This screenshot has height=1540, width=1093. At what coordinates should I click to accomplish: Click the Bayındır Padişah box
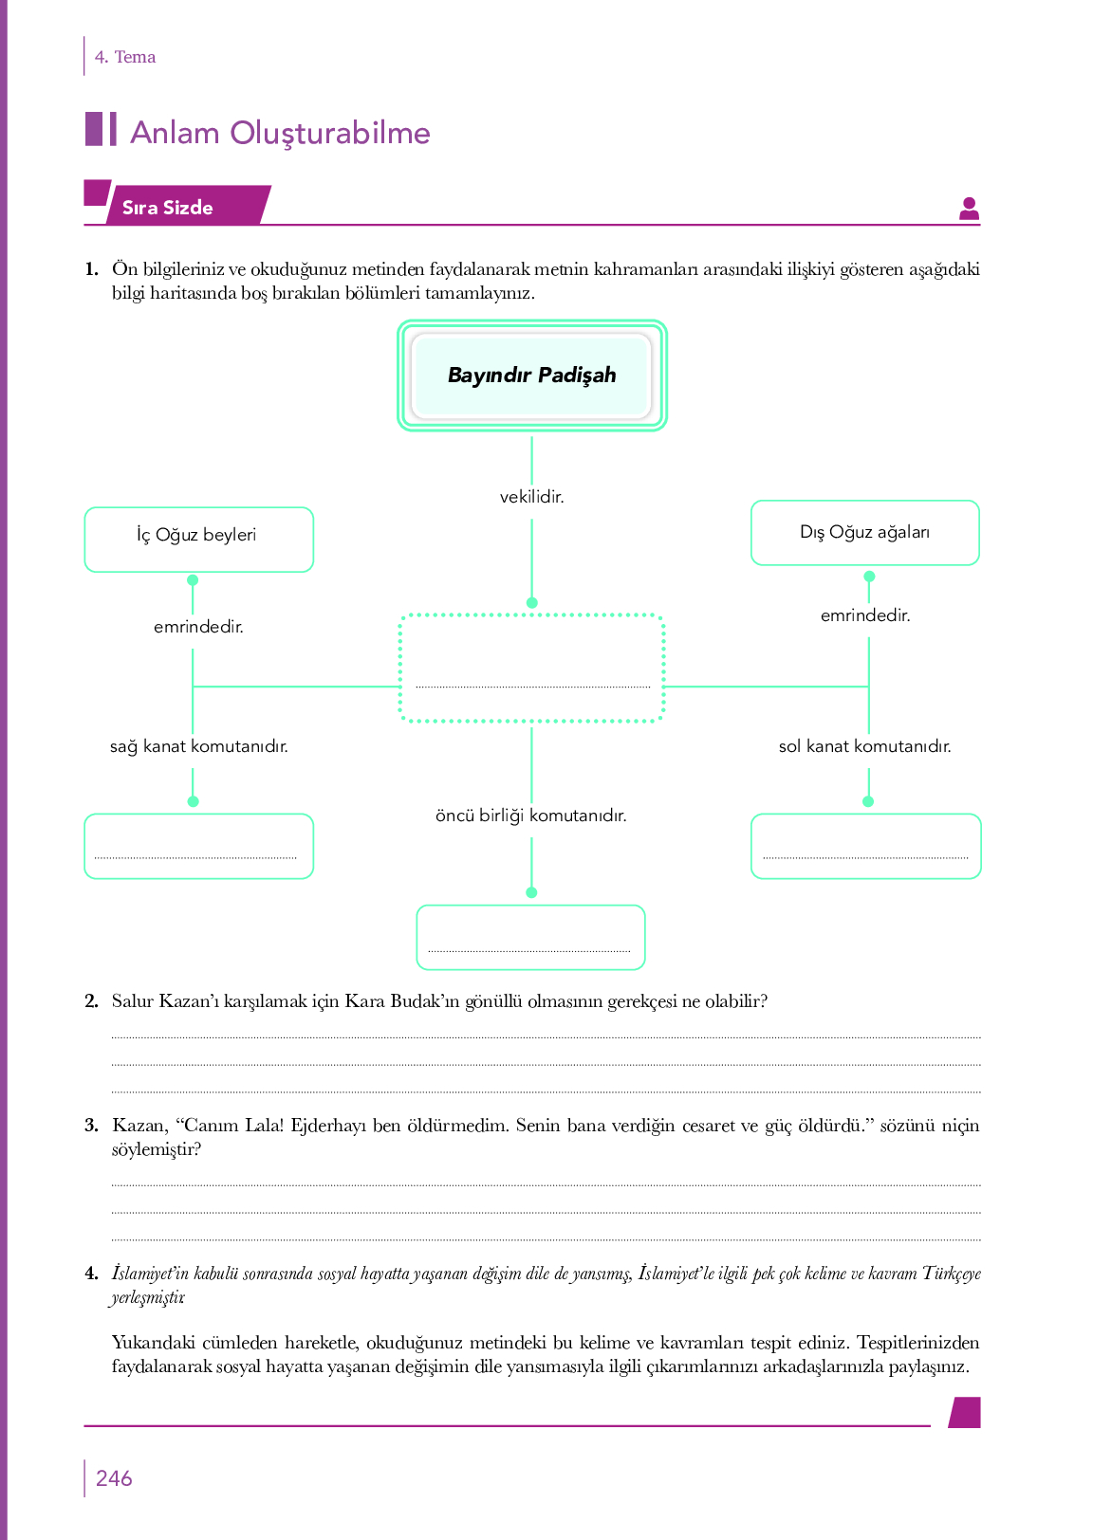click(531, 376)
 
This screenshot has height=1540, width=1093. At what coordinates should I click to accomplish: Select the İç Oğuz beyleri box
click(199, 540)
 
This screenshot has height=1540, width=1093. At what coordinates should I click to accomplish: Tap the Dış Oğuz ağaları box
click(865, 533)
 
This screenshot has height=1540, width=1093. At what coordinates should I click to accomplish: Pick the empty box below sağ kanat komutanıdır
click(199, 846)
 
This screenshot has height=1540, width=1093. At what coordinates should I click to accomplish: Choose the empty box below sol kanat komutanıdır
click(866, 846)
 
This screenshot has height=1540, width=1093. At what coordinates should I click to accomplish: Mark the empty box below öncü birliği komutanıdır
click(531, 938)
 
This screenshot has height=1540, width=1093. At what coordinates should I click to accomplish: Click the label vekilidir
click(531, 497)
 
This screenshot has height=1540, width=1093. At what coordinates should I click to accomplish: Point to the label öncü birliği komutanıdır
click(531, 816)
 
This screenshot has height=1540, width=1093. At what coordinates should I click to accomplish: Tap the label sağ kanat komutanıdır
click(199, 746)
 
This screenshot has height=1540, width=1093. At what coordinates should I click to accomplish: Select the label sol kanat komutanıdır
click(864, 746)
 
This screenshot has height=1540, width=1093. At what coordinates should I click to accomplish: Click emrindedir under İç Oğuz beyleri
click(198, 627)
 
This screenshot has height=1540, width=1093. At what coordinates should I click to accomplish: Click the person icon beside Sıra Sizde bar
click(970, 209)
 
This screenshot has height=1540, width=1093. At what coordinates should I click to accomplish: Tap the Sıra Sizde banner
click(178, 205)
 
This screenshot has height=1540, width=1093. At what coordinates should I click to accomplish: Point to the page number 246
click(114, 1478)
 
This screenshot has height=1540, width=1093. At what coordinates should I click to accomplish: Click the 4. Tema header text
click(125, 57)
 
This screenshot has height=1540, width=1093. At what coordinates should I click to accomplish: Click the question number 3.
click(91, 1126)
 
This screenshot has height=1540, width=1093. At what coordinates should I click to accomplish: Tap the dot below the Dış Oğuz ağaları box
click(869, 577)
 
